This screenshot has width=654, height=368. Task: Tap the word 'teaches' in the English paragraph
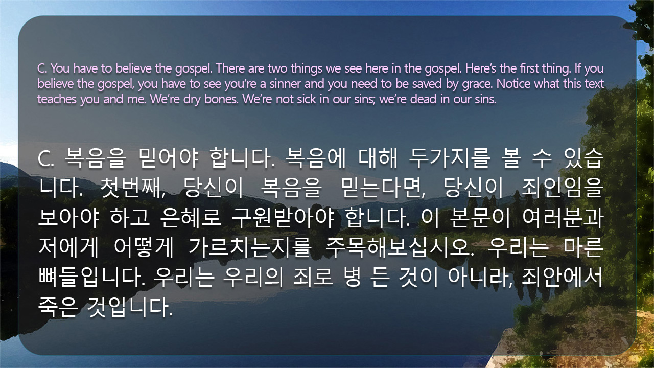coord(57,99)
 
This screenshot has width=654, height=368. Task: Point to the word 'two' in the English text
coord(277,68)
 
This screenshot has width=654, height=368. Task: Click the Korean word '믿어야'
coord(169,158)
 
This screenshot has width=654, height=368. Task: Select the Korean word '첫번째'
coord(132,189)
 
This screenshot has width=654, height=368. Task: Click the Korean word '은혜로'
coord(191,218)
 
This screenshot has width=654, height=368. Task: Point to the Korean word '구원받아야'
coord(283,218)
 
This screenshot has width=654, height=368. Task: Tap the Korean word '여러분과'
coord(563,218)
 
